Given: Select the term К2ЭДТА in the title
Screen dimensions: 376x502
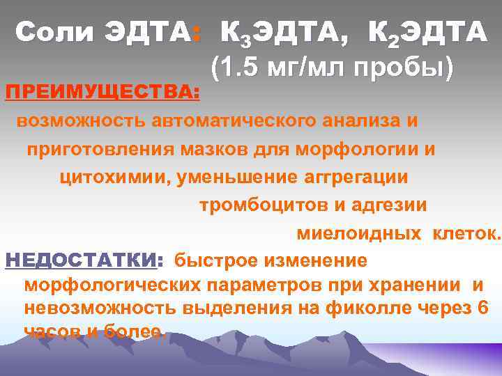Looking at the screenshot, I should pyautogui.click(x=426, y=32).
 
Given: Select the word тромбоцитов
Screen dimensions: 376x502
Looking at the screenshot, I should pyautogui.click(x=253, y=205).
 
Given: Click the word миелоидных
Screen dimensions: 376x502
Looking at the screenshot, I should pyautogui.click(x=359, y=234).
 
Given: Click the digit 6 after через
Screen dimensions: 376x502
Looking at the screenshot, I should pyautogui.click(x=483, y=308).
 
